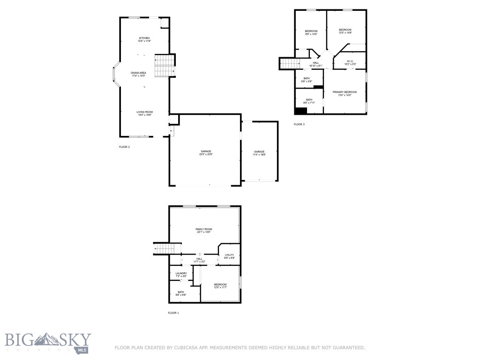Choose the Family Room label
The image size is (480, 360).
click(x=203, y=229)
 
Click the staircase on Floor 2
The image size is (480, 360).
click(x=165, y=66)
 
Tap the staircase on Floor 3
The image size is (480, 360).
click(x=290, y=63)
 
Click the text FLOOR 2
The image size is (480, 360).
click(x=124, y=147)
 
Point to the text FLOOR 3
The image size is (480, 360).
click(x=299, y=124)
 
